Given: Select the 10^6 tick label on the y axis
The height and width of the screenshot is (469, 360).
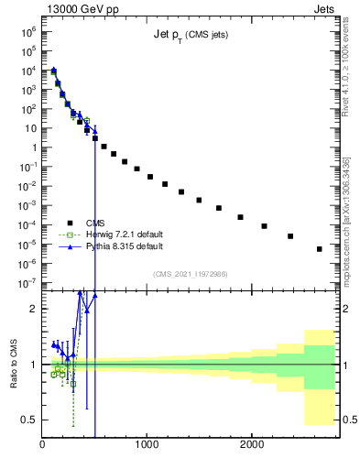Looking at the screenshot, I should tap(27, 30).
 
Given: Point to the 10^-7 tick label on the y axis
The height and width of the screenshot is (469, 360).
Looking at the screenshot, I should tap(27, 283).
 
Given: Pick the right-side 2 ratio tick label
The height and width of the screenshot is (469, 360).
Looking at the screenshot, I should tap(346, 309).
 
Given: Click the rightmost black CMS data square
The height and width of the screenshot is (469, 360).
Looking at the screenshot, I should tap(319, 248).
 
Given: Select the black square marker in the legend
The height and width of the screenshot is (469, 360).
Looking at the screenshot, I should tap(69, 223).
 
